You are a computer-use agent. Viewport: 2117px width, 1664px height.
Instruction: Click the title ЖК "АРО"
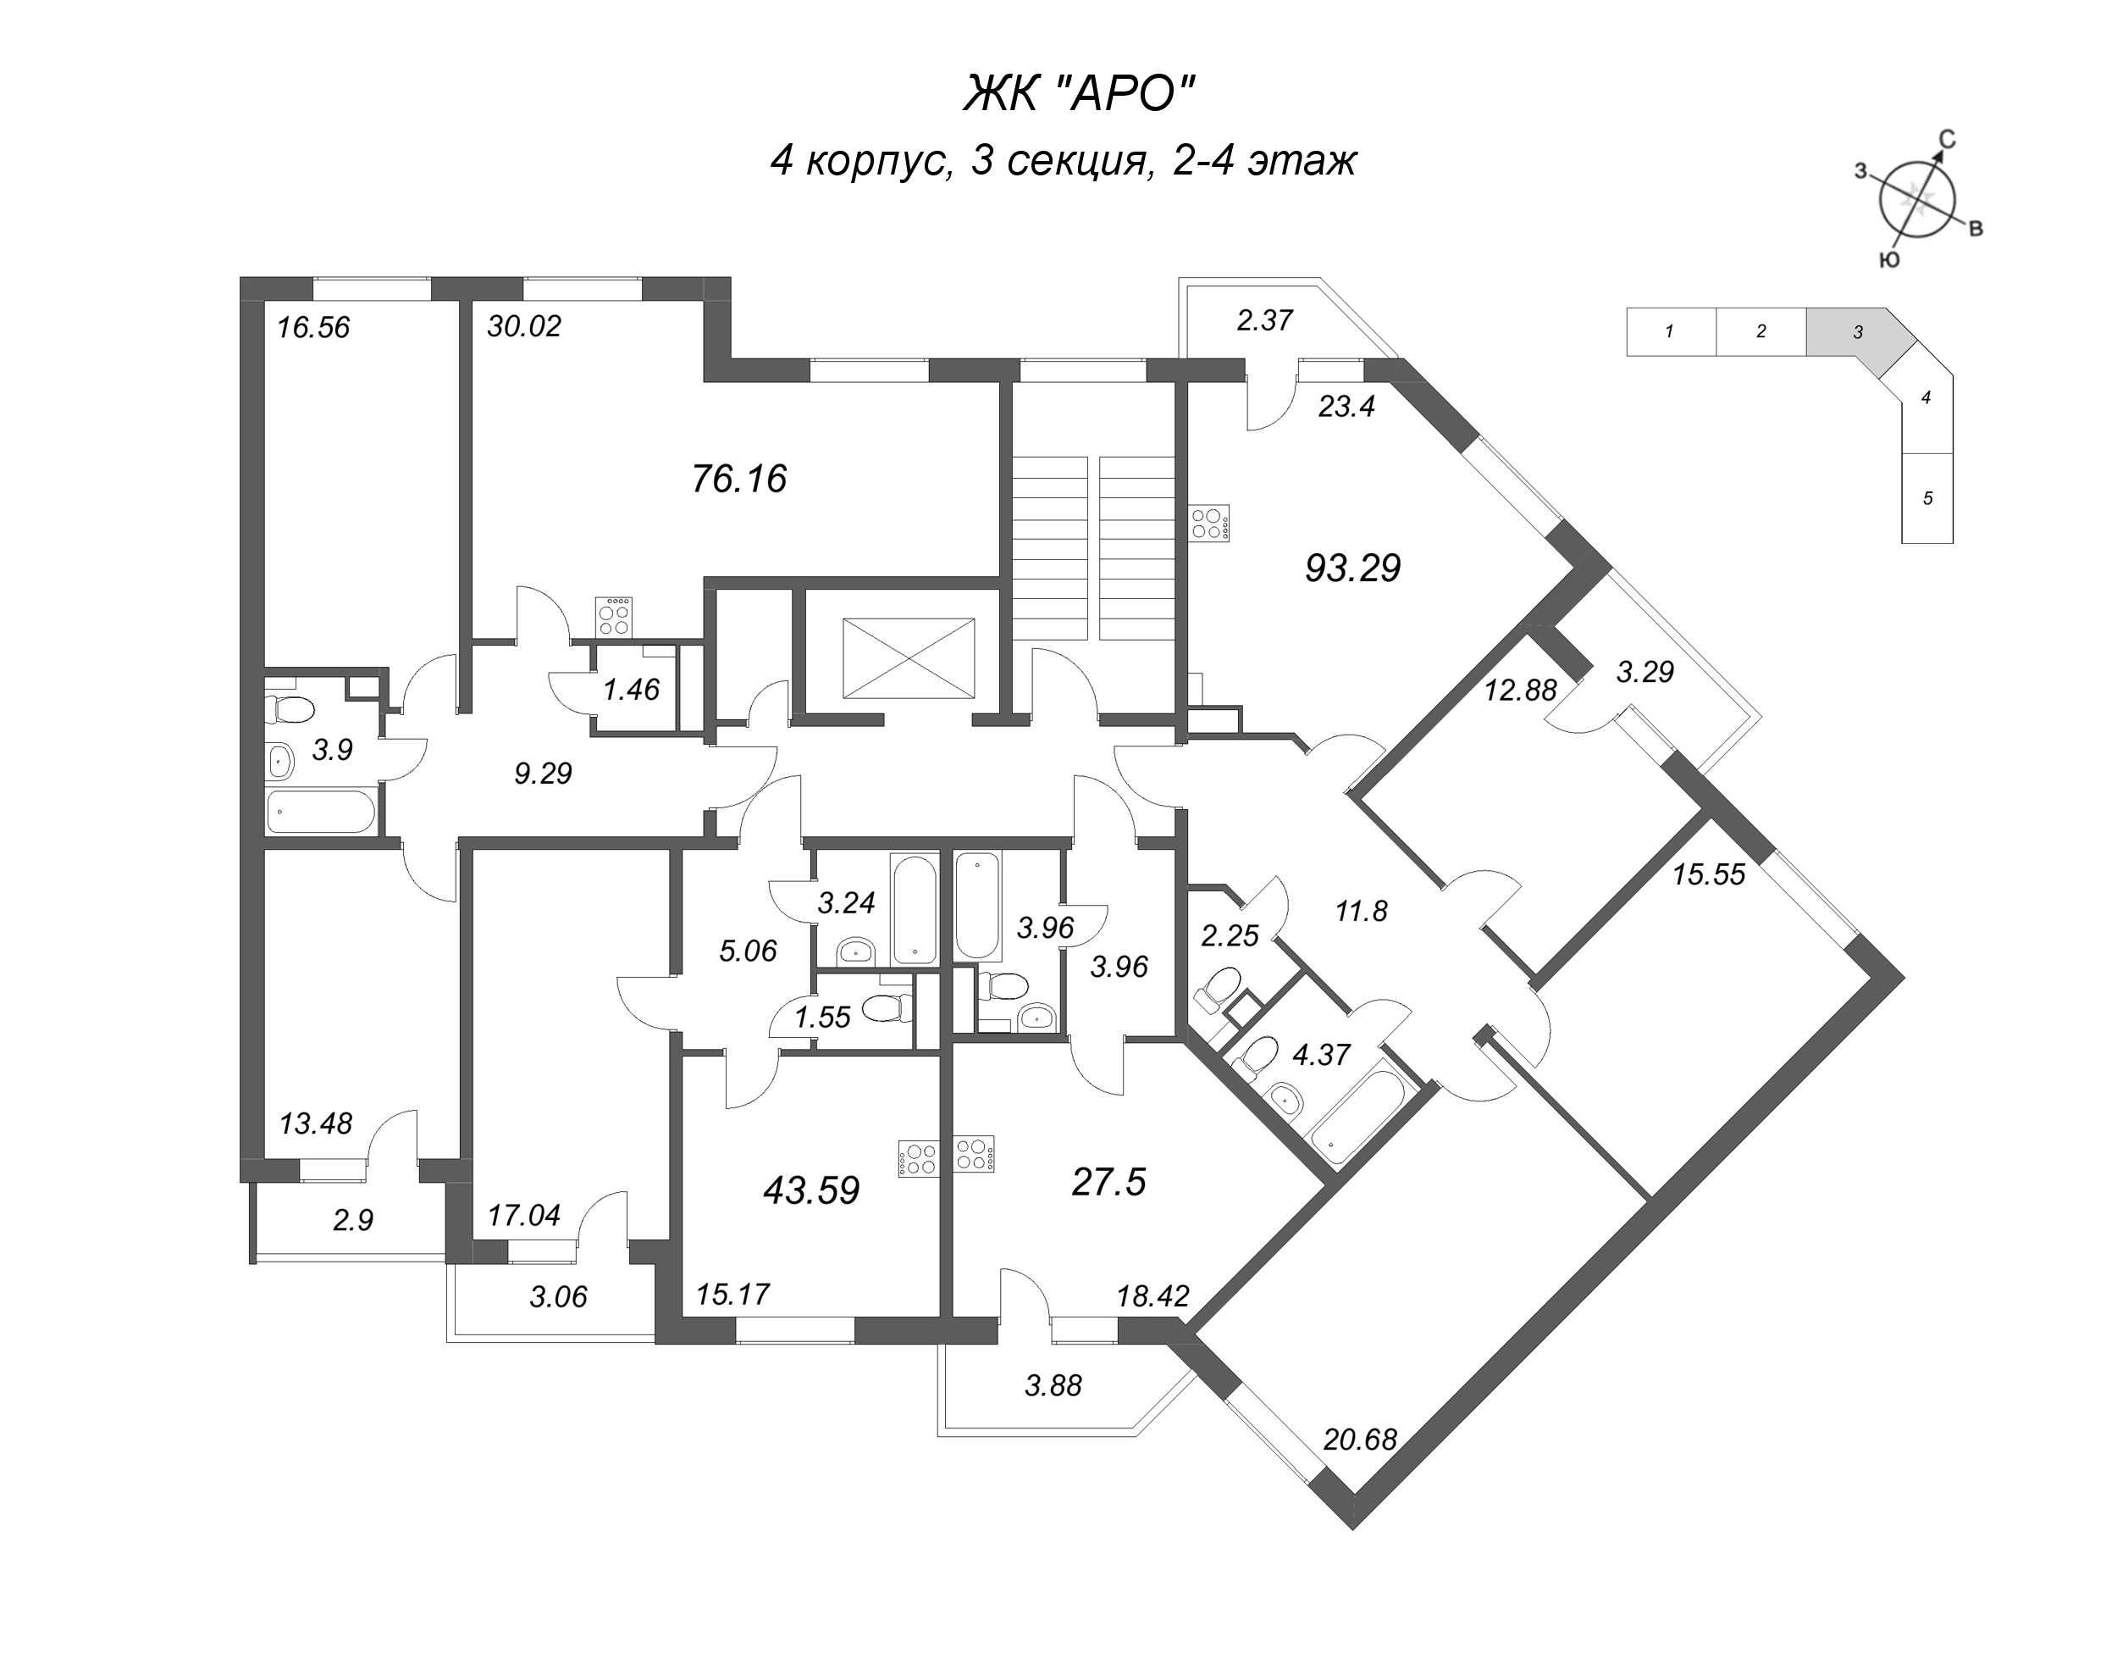pos(1078,96)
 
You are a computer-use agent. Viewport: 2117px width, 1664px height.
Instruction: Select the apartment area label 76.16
pos(739,480)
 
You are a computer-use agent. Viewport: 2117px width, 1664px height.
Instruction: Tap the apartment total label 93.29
pos(1351,568)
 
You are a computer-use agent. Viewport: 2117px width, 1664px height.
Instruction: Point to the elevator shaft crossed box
pos(908,657)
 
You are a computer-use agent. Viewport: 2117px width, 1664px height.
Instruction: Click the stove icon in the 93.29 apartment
pos(1209,523)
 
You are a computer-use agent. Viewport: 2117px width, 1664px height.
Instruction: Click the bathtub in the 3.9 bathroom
pos(320,811)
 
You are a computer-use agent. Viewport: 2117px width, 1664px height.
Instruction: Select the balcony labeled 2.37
pos(1264,320)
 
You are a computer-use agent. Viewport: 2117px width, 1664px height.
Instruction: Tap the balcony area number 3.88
pos(1053,1385)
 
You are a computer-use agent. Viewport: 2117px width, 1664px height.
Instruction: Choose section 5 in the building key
pos(1927,499)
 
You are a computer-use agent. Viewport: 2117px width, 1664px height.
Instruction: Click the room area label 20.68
pos(1360,1439)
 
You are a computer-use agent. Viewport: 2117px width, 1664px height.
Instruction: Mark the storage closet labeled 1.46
pos(631,690)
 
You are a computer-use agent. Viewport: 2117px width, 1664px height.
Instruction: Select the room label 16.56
pos(312,327)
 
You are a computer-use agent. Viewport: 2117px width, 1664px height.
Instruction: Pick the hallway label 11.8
pos(1360,912)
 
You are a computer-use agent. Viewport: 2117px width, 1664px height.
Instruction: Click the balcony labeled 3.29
pos(1644,672)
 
